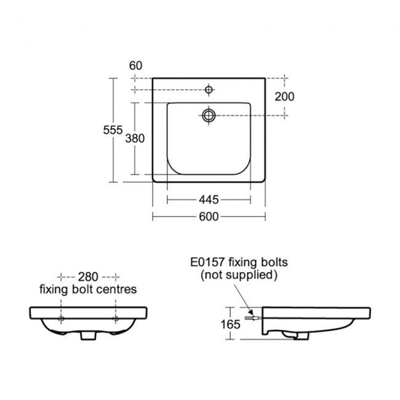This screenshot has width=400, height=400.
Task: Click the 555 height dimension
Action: (x=113, y=130)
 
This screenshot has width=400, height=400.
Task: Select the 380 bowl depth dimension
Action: (x=135, y=138)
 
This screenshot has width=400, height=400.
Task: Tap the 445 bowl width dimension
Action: (x=209, y=200)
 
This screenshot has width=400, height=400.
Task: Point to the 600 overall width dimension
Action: (x=209, y=217)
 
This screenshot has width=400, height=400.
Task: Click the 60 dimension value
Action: (x=136, y=66)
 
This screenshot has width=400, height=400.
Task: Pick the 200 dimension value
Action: (x=284, y=97)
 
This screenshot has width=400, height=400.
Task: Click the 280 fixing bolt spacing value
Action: (x=88, y=277)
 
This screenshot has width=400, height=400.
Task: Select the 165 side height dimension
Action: (x=230, y=324)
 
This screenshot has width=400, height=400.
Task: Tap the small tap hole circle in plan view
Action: (x=209, y=90)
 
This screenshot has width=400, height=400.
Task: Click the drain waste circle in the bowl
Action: (x=209, y=116)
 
